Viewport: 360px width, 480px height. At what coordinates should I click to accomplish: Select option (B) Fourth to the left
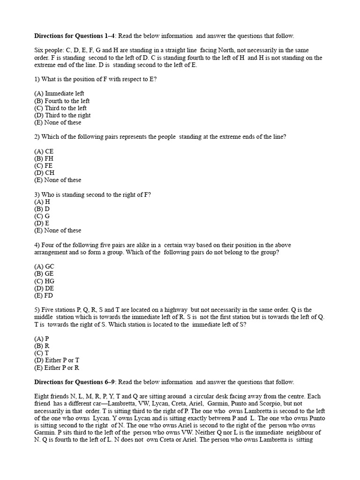coord(62,101)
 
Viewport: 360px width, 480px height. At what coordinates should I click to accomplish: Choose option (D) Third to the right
coord(62,115)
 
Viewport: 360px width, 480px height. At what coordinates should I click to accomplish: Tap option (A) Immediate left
coord(59,94)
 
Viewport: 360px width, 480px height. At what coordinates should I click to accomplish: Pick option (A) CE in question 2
coord(44,151)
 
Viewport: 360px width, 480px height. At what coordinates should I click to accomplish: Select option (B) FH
coord(44,158)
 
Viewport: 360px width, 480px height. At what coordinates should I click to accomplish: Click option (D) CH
coord(45,173)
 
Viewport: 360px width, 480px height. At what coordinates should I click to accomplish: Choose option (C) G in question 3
coord(42,216)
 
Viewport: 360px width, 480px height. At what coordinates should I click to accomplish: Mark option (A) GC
coord(45,267)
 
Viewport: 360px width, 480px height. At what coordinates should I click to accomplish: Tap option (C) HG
coord(45,281)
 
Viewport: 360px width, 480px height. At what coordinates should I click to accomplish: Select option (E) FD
coord(44,296)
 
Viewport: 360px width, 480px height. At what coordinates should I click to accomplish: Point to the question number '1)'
coord(37,79)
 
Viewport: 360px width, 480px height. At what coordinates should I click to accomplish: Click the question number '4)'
coord(37,245)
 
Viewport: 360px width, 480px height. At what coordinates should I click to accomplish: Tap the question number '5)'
coord(37,310)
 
